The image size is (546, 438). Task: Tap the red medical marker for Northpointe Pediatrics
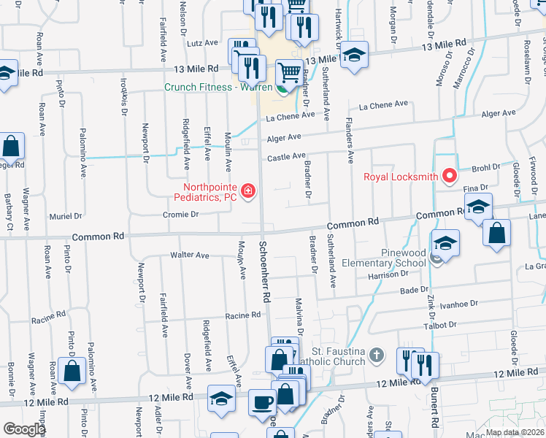248,192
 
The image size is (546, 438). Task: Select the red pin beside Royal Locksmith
450,176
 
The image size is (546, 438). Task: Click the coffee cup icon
262,401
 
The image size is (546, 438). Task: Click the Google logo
24,429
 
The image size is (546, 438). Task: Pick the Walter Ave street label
190,255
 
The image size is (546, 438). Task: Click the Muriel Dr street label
65,217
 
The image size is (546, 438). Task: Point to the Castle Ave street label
285,156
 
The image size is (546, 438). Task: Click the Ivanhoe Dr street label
458,303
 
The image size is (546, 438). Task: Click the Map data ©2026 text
515,432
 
